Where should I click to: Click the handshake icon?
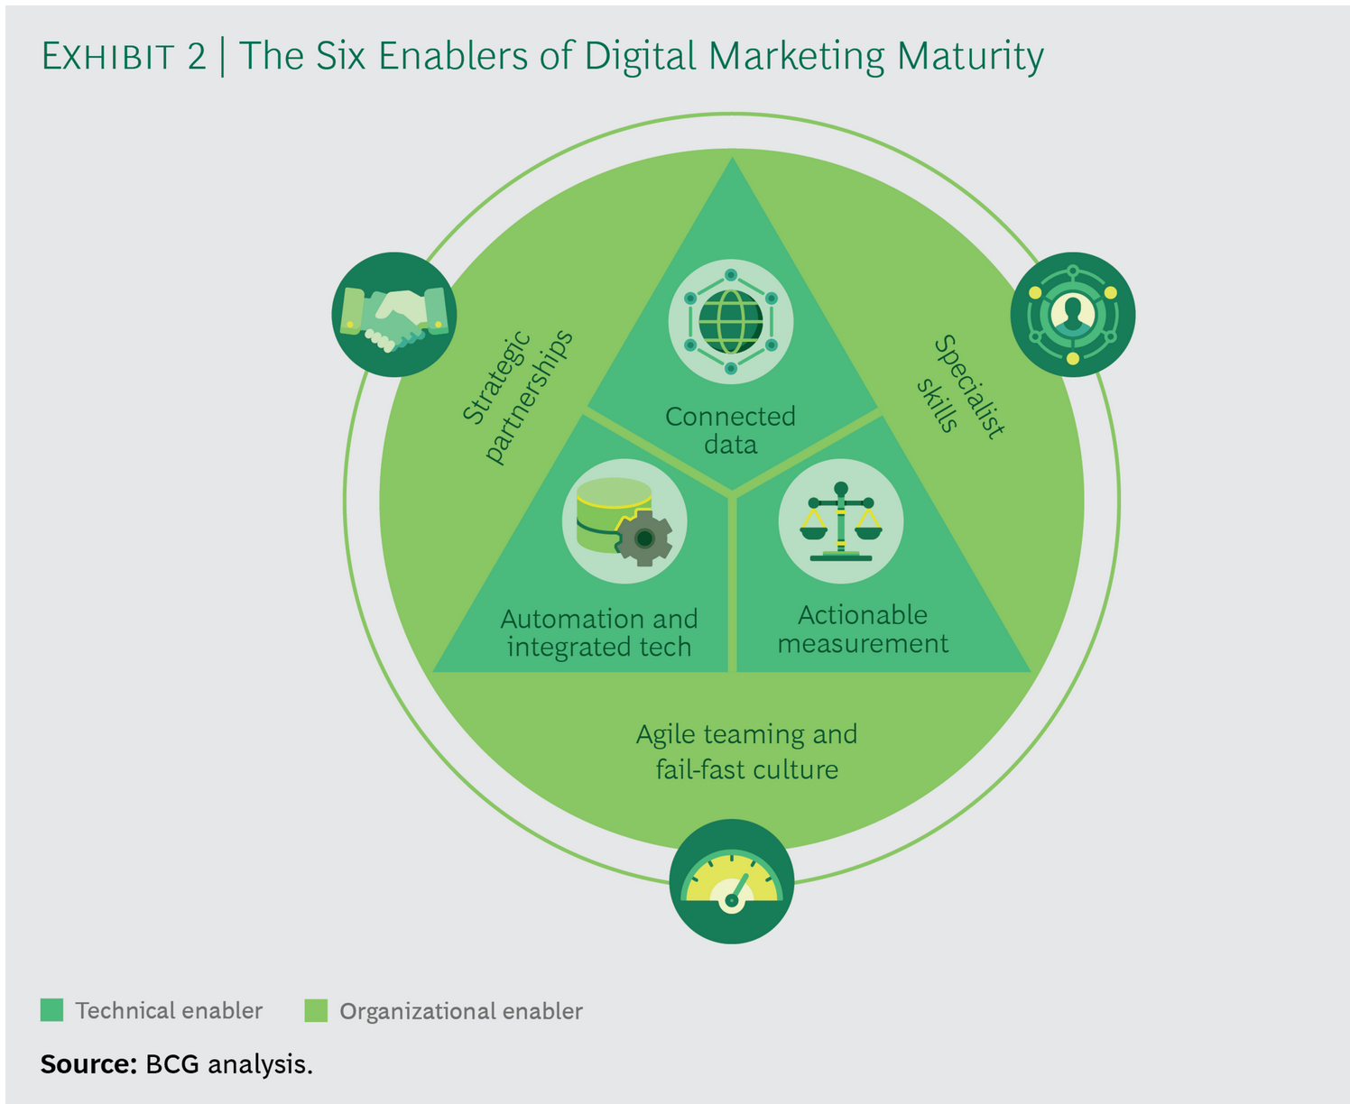coord(394,315)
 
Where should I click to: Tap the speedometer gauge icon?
coord(731,882)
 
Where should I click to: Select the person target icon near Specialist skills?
coord(1072,314)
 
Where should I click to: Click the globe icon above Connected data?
coord(730,322)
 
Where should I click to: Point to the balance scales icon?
coord(841,521)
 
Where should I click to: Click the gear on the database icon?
coord(644,538)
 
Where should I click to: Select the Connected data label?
coord(730,430)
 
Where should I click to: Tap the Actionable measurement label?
coord(863,629)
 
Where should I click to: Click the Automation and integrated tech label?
coord(598,632)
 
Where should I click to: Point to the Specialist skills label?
coord(960,386)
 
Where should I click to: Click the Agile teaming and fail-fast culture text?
coord(746,751)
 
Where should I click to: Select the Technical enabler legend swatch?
coord(51,1010)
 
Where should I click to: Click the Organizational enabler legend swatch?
coord(316,1010)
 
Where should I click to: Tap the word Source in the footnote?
coord(87,1064)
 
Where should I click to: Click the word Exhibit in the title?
coord(108,57)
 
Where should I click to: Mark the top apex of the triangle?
coord(732,162)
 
